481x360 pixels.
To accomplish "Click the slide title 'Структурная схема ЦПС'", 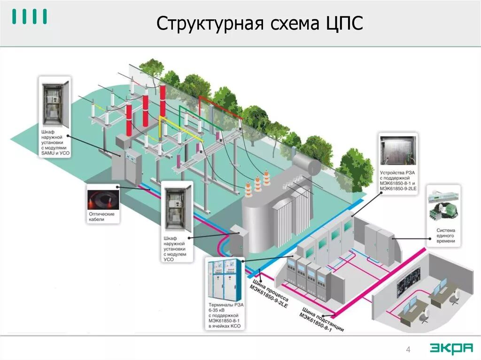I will pos(260,24).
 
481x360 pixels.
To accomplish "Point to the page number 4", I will pos(408,349).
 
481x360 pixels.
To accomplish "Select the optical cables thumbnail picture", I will pos(102,198).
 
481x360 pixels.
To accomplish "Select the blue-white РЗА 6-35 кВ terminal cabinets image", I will pos(225,280).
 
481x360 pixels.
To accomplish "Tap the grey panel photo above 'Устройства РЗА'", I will pos(398,151).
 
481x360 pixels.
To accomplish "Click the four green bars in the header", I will pos(29,17).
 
